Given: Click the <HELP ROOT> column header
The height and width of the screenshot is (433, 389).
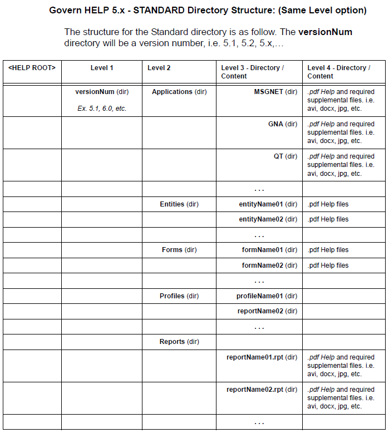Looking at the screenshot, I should point(32,68).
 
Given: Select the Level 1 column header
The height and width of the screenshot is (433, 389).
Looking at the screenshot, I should point(102,68).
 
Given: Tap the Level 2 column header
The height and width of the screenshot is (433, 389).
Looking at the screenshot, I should point(159,68).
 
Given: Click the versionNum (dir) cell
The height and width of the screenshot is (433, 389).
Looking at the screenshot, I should point(102,92).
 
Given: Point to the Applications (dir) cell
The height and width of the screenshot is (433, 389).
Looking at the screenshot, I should point(179,92).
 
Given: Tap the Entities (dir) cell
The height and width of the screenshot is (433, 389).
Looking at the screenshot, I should point(179,204).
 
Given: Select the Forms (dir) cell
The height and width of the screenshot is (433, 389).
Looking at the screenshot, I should point(179,250).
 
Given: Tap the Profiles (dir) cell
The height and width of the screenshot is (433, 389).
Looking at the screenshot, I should point(179,296).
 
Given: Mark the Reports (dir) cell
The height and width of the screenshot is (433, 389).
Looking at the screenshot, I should point(179,342).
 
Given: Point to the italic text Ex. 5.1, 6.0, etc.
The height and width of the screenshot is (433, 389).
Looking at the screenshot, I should point(102,109).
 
